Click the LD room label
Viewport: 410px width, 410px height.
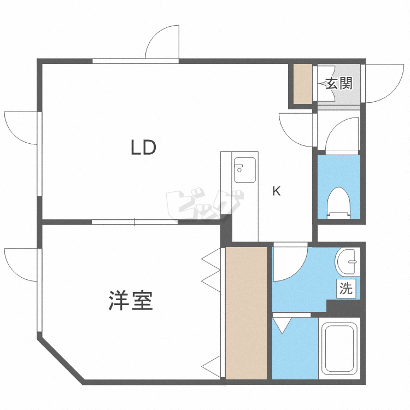pyautogui.click(x=143, y=147)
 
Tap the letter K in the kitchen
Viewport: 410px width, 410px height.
pyautogui.click(x=277, y=191)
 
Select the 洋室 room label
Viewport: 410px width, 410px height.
pyautogui.click(x=131, y=301)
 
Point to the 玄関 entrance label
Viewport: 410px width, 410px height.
pyautogui.click(x=339, y=84)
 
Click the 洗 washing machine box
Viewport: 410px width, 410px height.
pyautogui.click(x=346, y=289)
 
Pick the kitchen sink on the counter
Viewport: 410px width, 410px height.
pyautogui.click(x=245, y=169)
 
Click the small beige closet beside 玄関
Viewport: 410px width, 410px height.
pyautogui.click(x=303, y=84)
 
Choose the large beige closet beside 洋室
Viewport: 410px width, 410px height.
pyautogui.click(x=246, y=313)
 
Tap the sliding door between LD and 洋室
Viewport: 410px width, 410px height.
pyautogui.click(x=135, y=222)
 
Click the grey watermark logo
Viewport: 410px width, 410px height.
pyautogui.click(x=204, y=204)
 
